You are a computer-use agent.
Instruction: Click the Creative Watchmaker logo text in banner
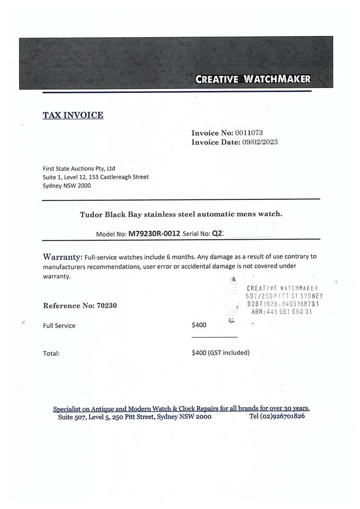253,80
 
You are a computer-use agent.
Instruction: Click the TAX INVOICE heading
73,115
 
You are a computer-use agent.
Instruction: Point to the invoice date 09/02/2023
260,142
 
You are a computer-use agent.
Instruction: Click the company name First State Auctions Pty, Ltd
78,169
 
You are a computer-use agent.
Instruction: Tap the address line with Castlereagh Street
95,177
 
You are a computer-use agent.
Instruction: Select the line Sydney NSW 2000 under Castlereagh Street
67,186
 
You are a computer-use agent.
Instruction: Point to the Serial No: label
196,233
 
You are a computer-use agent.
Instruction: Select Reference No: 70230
80,305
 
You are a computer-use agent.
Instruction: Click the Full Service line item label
59,326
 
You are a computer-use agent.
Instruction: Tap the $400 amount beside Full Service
199,325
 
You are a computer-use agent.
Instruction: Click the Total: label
51,353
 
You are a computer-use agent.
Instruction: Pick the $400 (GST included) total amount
220,352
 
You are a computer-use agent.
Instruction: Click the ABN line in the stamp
282,312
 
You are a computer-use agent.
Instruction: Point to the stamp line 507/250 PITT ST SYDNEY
284,296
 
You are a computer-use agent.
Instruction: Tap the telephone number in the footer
277,416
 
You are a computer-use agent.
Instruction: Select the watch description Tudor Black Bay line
181,214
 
